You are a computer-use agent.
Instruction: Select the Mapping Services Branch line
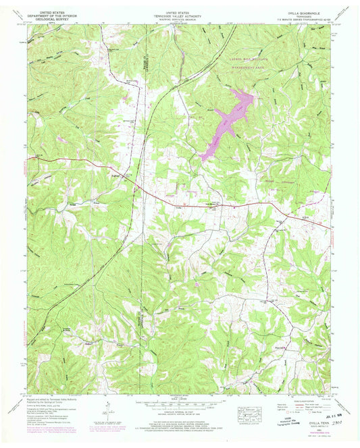178,18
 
